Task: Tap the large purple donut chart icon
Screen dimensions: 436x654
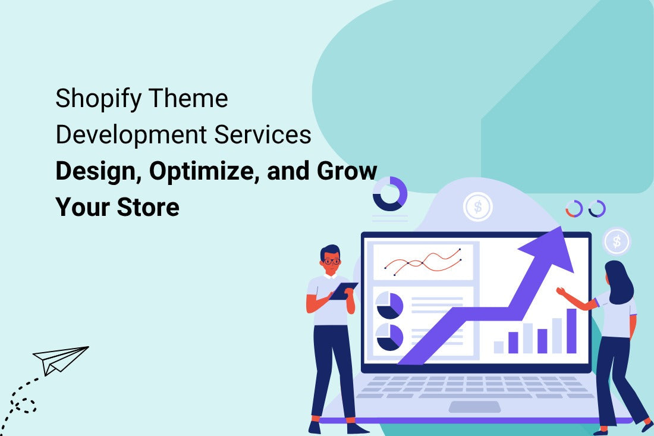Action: tap(390, 193)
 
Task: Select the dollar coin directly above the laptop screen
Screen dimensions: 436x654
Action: tap(477, 206)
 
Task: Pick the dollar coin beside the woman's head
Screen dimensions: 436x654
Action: tap(617, 241)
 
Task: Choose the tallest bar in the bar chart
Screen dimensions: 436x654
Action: tap(571, 331)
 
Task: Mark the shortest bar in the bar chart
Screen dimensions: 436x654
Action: tap(499, 347)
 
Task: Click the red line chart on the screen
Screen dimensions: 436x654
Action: tap(423, 262)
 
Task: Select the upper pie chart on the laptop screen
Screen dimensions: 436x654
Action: tap(389, 305)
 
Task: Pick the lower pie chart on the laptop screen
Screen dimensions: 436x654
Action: tap(389, 337)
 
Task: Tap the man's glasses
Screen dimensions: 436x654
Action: tap(332, 260)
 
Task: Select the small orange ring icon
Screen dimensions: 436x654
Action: tap(574, 209)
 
